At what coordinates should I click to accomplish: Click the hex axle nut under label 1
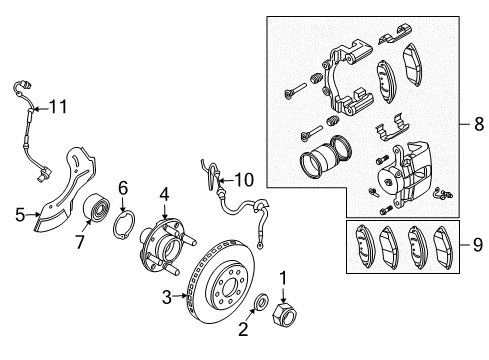(x=283, y=317)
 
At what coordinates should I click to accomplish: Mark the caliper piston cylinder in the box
(x=321, y=166)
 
